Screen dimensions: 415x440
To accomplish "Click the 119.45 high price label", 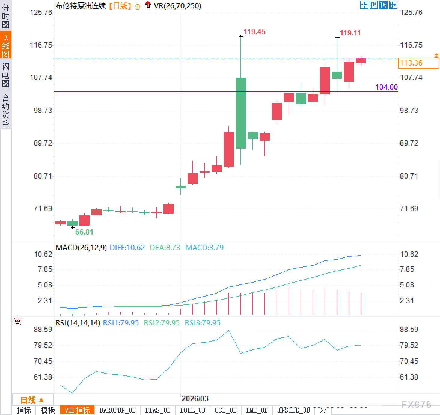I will click(255, 32).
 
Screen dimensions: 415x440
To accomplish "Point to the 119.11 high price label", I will click(350, 33).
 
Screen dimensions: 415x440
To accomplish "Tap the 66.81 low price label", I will click(84, 232).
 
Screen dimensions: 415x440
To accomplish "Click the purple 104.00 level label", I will click(387, 87).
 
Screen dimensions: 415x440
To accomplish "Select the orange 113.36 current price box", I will click(418, 63).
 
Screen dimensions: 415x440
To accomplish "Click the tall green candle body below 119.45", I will click(241, 113).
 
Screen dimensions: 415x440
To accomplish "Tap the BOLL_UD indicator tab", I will click(192, 410).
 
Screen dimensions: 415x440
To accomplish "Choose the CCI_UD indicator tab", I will click(226, 410).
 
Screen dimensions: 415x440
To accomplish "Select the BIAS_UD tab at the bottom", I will click(158, 410).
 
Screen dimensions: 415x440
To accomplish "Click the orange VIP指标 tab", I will click(77, 410).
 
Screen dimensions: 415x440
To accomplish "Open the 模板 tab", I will click(48, 410).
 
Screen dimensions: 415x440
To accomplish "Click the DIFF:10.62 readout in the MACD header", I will click(127, 248).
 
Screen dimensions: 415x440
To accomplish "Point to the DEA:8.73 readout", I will click(165, 248).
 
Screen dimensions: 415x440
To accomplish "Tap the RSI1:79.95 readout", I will click(121, 323).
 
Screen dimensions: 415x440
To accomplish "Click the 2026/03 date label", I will click(195, 399).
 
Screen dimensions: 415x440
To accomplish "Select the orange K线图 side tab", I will click(6, 45).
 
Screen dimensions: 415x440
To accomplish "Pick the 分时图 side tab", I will click(6, 16).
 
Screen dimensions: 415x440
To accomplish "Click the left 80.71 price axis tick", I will click(43, 176).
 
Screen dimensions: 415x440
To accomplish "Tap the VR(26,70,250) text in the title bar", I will click(177, 6).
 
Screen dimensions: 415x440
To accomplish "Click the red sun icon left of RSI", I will click(18, 321).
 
